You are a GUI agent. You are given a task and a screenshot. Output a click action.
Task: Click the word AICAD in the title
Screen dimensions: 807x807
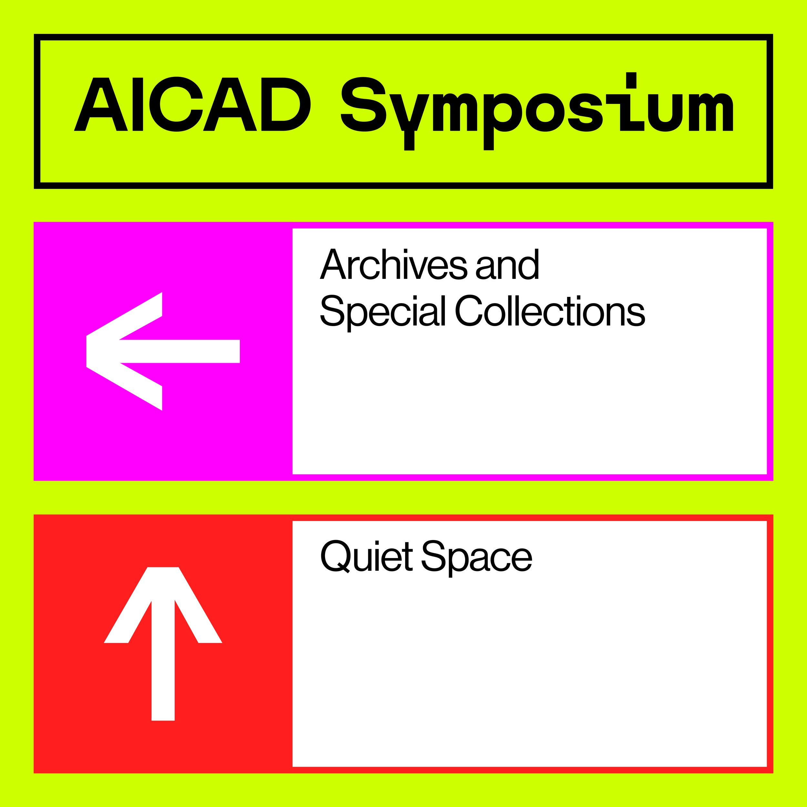coord(192,104)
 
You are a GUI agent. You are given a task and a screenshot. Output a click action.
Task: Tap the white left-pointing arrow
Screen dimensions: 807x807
coord(163,351)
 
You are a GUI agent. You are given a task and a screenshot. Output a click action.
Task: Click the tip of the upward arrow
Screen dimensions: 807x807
coord(163,569)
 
